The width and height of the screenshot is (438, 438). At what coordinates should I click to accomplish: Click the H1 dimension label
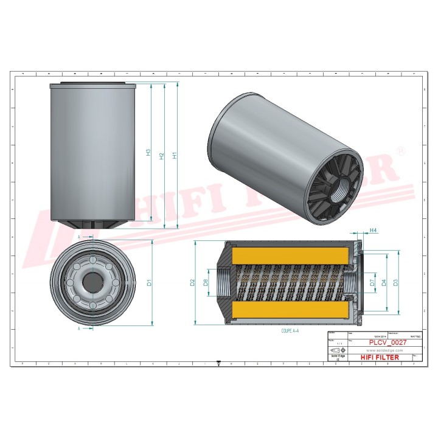point(175,155)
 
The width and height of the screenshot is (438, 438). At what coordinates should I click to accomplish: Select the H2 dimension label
point(161,156)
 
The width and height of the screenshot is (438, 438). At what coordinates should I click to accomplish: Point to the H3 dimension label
point(148,153)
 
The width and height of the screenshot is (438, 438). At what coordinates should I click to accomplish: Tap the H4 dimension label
point(374,230)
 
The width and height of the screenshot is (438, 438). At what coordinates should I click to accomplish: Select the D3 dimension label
point(395,282)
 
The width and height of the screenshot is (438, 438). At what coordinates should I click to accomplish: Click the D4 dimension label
point(384,282)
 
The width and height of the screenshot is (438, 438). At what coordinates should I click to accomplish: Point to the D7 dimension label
point(372,282)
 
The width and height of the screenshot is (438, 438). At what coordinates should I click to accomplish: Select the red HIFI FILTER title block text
point(380,357)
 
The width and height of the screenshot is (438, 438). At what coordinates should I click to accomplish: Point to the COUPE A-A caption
point(291,331)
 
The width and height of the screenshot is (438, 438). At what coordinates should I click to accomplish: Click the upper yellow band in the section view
point(291,253)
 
